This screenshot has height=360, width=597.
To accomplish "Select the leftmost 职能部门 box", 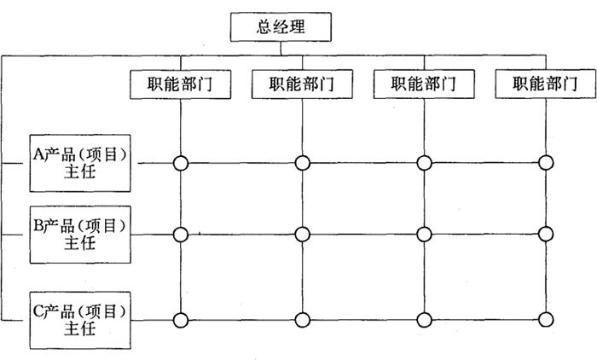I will [x=180, y=84].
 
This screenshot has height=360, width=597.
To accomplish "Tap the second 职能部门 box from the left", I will [x=302, y=84].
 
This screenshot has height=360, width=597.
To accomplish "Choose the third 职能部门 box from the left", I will [x=424, y=84].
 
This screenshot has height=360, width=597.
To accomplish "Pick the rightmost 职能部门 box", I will [x=545, y=84].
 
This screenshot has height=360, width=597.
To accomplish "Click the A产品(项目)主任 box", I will [x=80, y=161].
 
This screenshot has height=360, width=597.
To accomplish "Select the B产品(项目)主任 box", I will [x=80, y=233].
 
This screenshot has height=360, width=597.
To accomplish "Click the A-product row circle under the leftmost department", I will [x=180, y=162].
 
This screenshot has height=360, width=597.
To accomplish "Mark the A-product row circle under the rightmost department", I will [x=546, y=162].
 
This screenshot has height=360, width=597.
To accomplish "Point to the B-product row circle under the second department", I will [x=302, y=234].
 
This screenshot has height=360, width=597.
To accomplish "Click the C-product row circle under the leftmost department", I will [x=180, y=321].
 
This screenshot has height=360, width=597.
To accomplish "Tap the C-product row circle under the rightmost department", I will [x=546, y=321].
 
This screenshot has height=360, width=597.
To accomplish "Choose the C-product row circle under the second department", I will [x=302, y=321].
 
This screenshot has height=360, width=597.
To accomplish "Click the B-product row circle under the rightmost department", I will [x=546, y=234].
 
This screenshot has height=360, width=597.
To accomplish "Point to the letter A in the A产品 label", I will [x=38, y=154].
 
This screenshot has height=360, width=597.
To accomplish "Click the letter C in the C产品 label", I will [x=38, y=311].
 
